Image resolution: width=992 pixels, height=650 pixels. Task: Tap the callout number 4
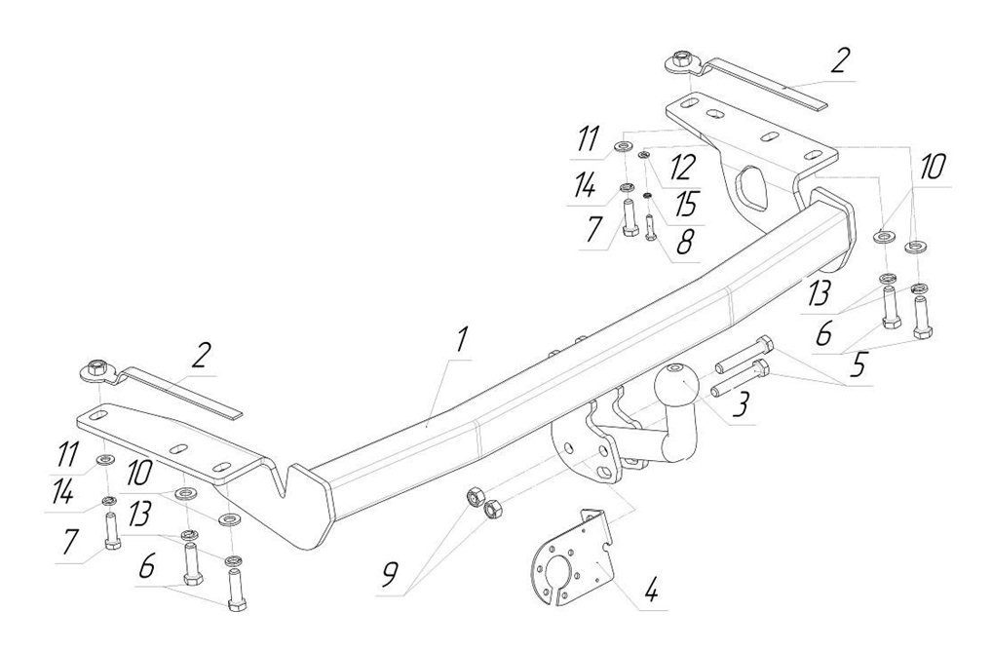(650, 591)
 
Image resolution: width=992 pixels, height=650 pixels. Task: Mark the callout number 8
(684, 242)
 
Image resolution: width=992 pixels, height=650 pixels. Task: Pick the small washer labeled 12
(644, 154)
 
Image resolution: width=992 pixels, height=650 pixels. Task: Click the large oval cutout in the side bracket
(751, 187)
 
